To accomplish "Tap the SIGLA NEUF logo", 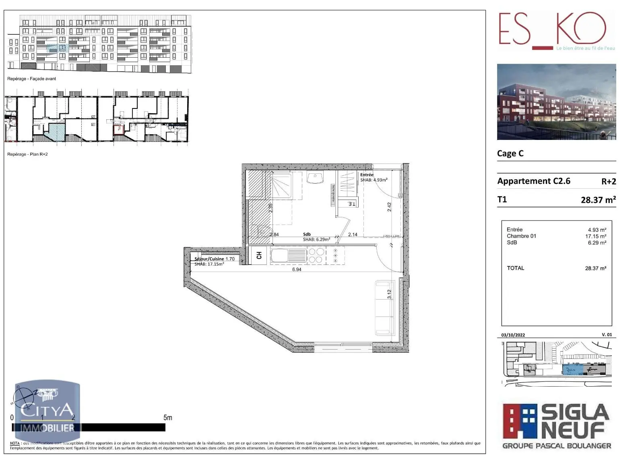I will [556, 426].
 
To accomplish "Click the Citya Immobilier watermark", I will [47, 412].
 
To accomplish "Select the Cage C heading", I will [510, 153].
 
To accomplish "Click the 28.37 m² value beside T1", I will [598, 200].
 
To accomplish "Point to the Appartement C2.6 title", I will [534, 181].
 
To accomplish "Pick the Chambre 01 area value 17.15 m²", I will [596, 236].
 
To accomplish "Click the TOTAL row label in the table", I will [516, 268].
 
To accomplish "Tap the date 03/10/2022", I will [513, 335].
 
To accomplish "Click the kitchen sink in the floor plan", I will [288, 255].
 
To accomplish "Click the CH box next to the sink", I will [258, 255].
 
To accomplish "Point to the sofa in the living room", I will [385, 308].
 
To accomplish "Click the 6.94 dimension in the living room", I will [297, 269].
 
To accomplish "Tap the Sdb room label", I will [307, 234].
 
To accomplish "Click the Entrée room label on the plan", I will [367, 175].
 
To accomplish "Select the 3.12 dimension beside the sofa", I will [389, 294].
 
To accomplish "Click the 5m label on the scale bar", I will [168, 418].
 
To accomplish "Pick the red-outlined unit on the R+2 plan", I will [118, 129].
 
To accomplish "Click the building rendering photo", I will [556, 102].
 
